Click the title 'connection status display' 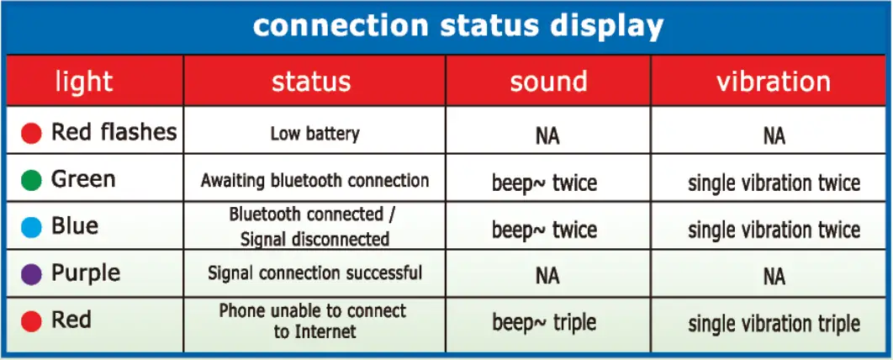(x=458, y=26)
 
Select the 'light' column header (x=84, y=82)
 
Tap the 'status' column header (x=311, y=82)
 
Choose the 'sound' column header (x=548, y=82)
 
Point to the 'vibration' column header (x=774, y=82)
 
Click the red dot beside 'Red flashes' (x=31, y=133)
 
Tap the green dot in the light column (x=31, y=181)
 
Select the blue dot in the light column (x=31, y=227)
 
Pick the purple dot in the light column (x=31, y=274)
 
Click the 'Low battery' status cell (x=315, y=134)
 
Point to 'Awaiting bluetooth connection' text (x=315, y=181)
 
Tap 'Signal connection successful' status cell (x=315, y=273)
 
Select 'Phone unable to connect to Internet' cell (x=313, y=320)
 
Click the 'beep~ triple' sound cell (x=544, y=323)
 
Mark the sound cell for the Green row (x=544, y=183)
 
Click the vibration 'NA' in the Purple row (x=774, y=277)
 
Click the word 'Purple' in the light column (x=86, y=274)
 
